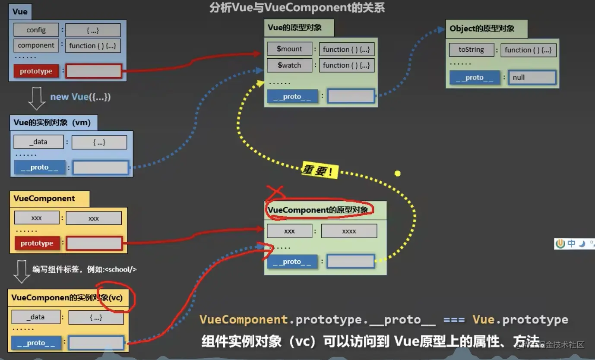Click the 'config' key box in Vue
(x=36, y=30)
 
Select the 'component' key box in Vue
(x=36, y=45)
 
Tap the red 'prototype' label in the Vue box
(x=36, y=71)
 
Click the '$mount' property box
(x=290, y=49)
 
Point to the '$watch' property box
(x=290, y=65)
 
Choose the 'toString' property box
(x=471, y=50)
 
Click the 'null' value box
(x=532, y=77)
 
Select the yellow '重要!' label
(x=318, y=170)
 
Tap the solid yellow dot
(x=398, y=174)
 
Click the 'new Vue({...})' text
(x=80, y=97)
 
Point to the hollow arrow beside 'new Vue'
(x=36, y=98)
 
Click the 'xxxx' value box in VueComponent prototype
(x=349, y=231)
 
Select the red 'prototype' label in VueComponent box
(x=37, y=243)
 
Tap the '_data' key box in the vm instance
(x=38, y=142)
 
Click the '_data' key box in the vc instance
(x=36, y=317)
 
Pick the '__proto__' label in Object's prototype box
(x=475, y=77)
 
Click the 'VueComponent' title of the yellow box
(x=44, y=199)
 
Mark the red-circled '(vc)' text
(x=116, y=297)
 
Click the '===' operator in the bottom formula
(x=453, y=320)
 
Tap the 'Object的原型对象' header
(x=482, y=28)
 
